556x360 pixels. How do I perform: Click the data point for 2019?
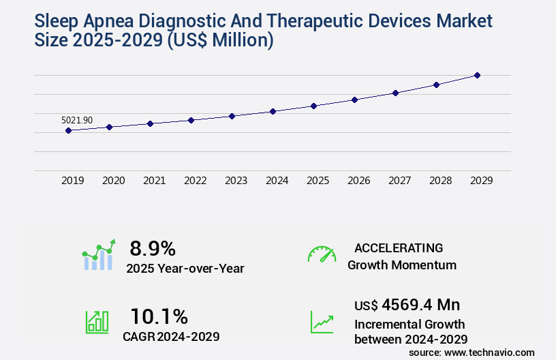click(68, 130)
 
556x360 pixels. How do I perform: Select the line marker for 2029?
click(477, 75)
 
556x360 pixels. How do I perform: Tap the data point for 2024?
click(273, 111)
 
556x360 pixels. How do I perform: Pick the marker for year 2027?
click(395, 93)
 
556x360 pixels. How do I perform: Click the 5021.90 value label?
click(77, 120)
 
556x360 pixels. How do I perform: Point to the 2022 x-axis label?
click(195, 181)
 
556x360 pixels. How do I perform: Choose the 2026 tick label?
click(358, 181)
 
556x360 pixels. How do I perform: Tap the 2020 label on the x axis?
click(113, 181)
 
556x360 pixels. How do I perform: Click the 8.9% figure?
click(153, 248)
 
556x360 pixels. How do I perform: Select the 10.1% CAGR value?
click(159, 316)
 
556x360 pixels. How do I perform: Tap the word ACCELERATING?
click(399, 247)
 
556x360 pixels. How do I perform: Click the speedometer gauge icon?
click(322, 254)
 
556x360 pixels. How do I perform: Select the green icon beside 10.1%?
click(97, 322)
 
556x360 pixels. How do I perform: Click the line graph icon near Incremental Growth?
click(322, 322)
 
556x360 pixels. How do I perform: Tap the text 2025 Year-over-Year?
click(185, 268)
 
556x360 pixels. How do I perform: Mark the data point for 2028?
click(436, 85)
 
